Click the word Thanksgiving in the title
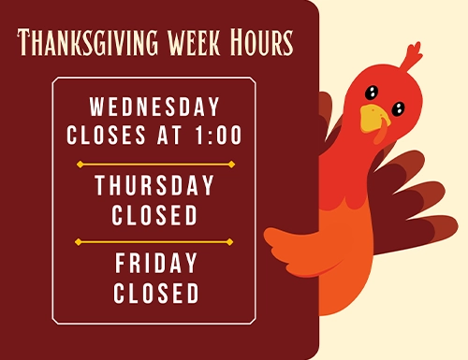[x=88, y=42]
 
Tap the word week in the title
[x=194, y=42]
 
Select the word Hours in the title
[x=261, y=42]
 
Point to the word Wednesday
[x=154, y=107]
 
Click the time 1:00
[x=218, y=135]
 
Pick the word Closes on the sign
[x=106, y=135]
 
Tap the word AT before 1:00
[x=169, y=135]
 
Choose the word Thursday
[x=154, y=185]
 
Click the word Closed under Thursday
[x=154, y=215]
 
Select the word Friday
[x=156, y=263]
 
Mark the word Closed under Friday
[x=156, y=293]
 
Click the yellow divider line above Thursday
[x=155, y=165]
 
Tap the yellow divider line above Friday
[x=154, y=242]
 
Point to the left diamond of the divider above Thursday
[x=80, y=165]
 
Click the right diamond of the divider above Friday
[x=229, y=242]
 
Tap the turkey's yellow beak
[x=373, y=118]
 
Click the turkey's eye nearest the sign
[x=372, y=93]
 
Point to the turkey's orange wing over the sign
[x=300, y=250]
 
